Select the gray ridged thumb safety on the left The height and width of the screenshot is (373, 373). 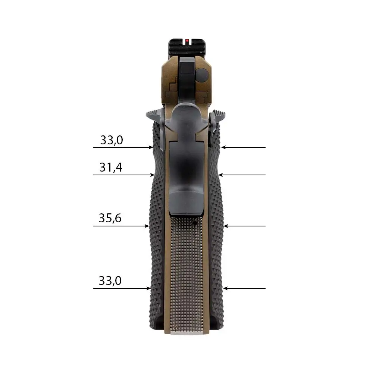click(154, 113)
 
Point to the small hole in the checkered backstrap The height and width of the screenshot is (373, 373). click(195, 223)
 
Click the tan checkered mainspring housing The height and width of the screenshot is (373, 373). click(186, 272)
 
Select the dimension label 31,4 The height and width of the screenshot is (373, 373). click(111, 168)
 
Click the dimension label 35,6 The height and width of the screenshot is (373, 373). click(110, 218)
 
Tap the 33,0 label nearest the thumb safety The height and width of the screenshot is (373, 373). click(112, 140)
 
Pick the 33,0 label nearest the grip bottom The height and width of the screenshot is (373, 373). click(110, 280)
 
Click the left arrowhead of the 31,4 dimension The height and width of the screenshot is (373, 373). click(152, 175)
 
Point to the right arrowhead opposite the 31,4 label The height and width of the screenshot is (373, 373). click(220, 175)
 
